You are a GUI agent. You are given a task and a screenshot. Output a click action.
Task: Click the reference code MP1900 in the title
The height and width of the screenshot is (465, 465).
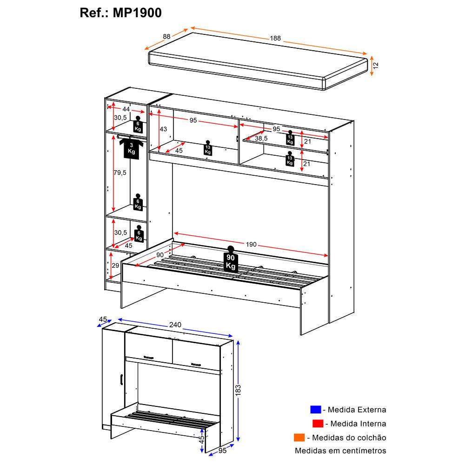coord(138,13)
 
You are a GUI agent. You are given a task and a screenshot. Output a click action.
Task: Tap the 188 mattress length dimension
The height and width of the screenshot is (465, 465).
coord(276,39)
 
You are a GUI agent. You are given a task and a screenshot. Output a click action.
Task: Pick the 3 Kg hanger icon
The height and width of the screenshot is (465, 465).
coord(132,148)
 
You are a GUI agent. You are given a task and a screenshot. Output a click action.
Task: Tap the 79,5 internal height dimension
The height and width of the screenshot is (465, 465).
coord(120,173)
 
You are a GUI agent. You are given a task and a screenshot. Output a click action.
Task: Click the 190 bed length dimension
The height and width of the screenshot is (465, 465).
coord(251,244)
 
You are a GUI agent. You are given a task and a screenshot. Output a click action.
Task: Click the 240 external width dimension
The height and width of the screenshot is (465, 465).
coord(175,325)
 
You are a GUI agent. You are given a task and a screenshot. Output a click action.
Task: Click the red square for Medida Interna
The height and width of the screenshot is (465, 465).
coord(318,424)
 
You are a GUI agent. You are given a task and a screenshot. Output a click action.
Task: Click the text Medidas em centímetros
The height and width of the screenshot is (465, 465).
coord(340,451)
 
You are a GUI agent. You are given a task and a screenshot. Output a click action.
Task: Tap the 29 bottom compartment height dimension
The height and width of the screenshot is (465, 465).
coord(116,266)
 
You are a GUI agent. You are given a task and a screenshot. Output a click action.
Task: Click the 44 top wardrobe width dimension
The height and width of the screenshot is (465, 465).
coord(126,108)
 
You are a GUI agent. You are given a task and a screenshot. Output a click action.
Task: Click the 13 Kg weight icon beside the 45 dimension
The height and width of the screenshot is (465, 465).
coord(207,147)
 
